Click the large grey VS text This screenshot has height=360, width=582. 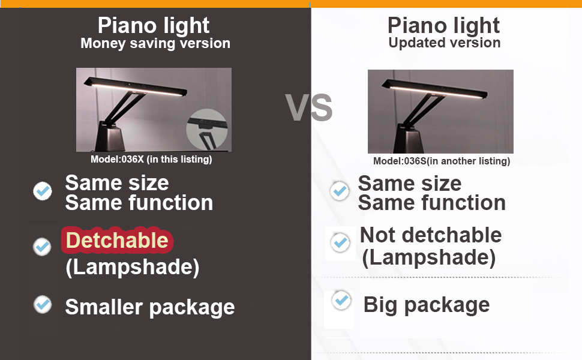(x=309, y=107)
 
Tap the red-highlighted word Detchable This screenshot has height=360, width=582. (x=117, y=240)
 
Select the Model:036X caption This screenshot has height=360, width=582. (x=151, y=159)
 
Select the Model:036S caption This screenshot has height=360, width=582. (x=442, y=161)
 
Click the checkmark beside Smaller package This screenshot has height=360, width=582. (x=43, y=304)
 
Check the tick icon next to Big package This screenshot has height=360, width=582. (x=341, y=300)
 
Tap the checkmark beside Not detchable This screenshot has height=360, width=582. (x=340, y=243)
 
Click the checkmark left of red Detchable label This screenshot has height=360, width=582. (x=43, y=247)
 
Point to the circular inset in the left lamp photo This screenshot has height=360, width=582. (x=207, y=129)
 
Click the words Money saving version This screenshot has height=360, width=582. (x=155, y=43)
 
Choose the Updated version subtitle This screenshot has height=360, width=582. (x=444, y=43)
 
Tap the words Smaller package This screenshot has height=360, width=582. (x=150, y=307)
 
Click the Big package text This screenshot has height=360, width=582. (x=427, y=305)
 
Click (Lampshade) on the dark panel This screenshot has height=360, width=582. (x=133, y=267)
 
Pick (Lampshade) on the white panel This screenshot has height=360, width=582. (x=429, y=258)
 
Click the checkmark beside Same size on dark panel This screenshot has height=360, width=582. (x=43, y=191)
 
